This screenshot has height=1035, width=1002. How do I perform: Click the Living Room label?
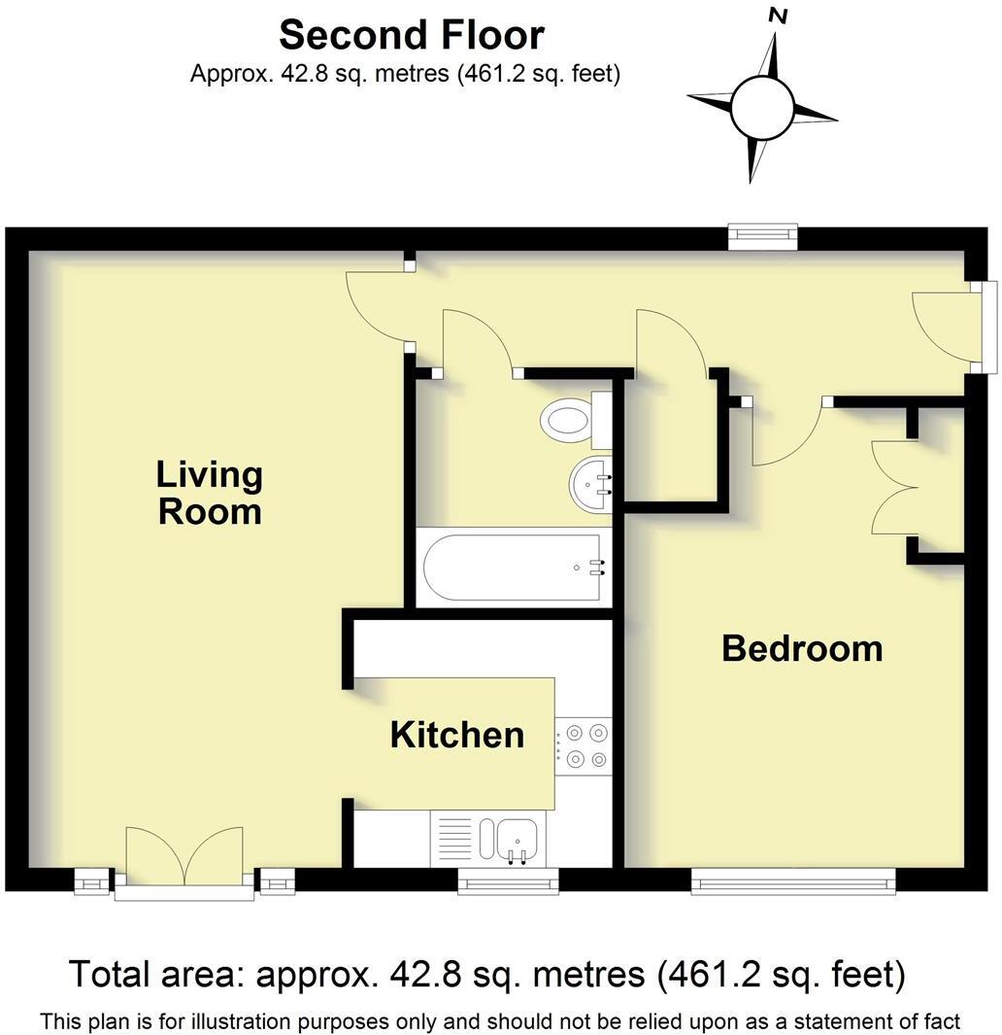[210, 493]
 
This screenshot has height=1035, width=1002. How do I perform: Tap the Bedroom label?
[802, 648]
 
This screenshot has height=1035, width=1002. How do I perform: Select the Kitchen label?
[456, 735]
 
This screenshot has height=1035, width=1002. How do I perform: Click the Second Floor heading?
[412, 36]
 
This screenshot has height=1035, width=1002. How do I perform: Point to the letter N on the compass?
[777, 16]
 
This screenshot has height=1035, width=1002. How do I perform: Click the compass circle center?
[763, 108]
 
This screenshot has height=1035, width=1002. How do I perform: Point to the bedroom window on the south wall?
[792, 882]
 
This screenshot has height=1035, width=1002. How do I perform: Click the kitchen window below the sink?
[508, 882]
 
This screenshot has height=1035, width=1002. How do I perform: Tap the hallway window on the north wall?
[764, 236]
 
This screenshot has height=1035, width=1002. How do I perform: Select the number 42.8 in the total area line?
[423, 974]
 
